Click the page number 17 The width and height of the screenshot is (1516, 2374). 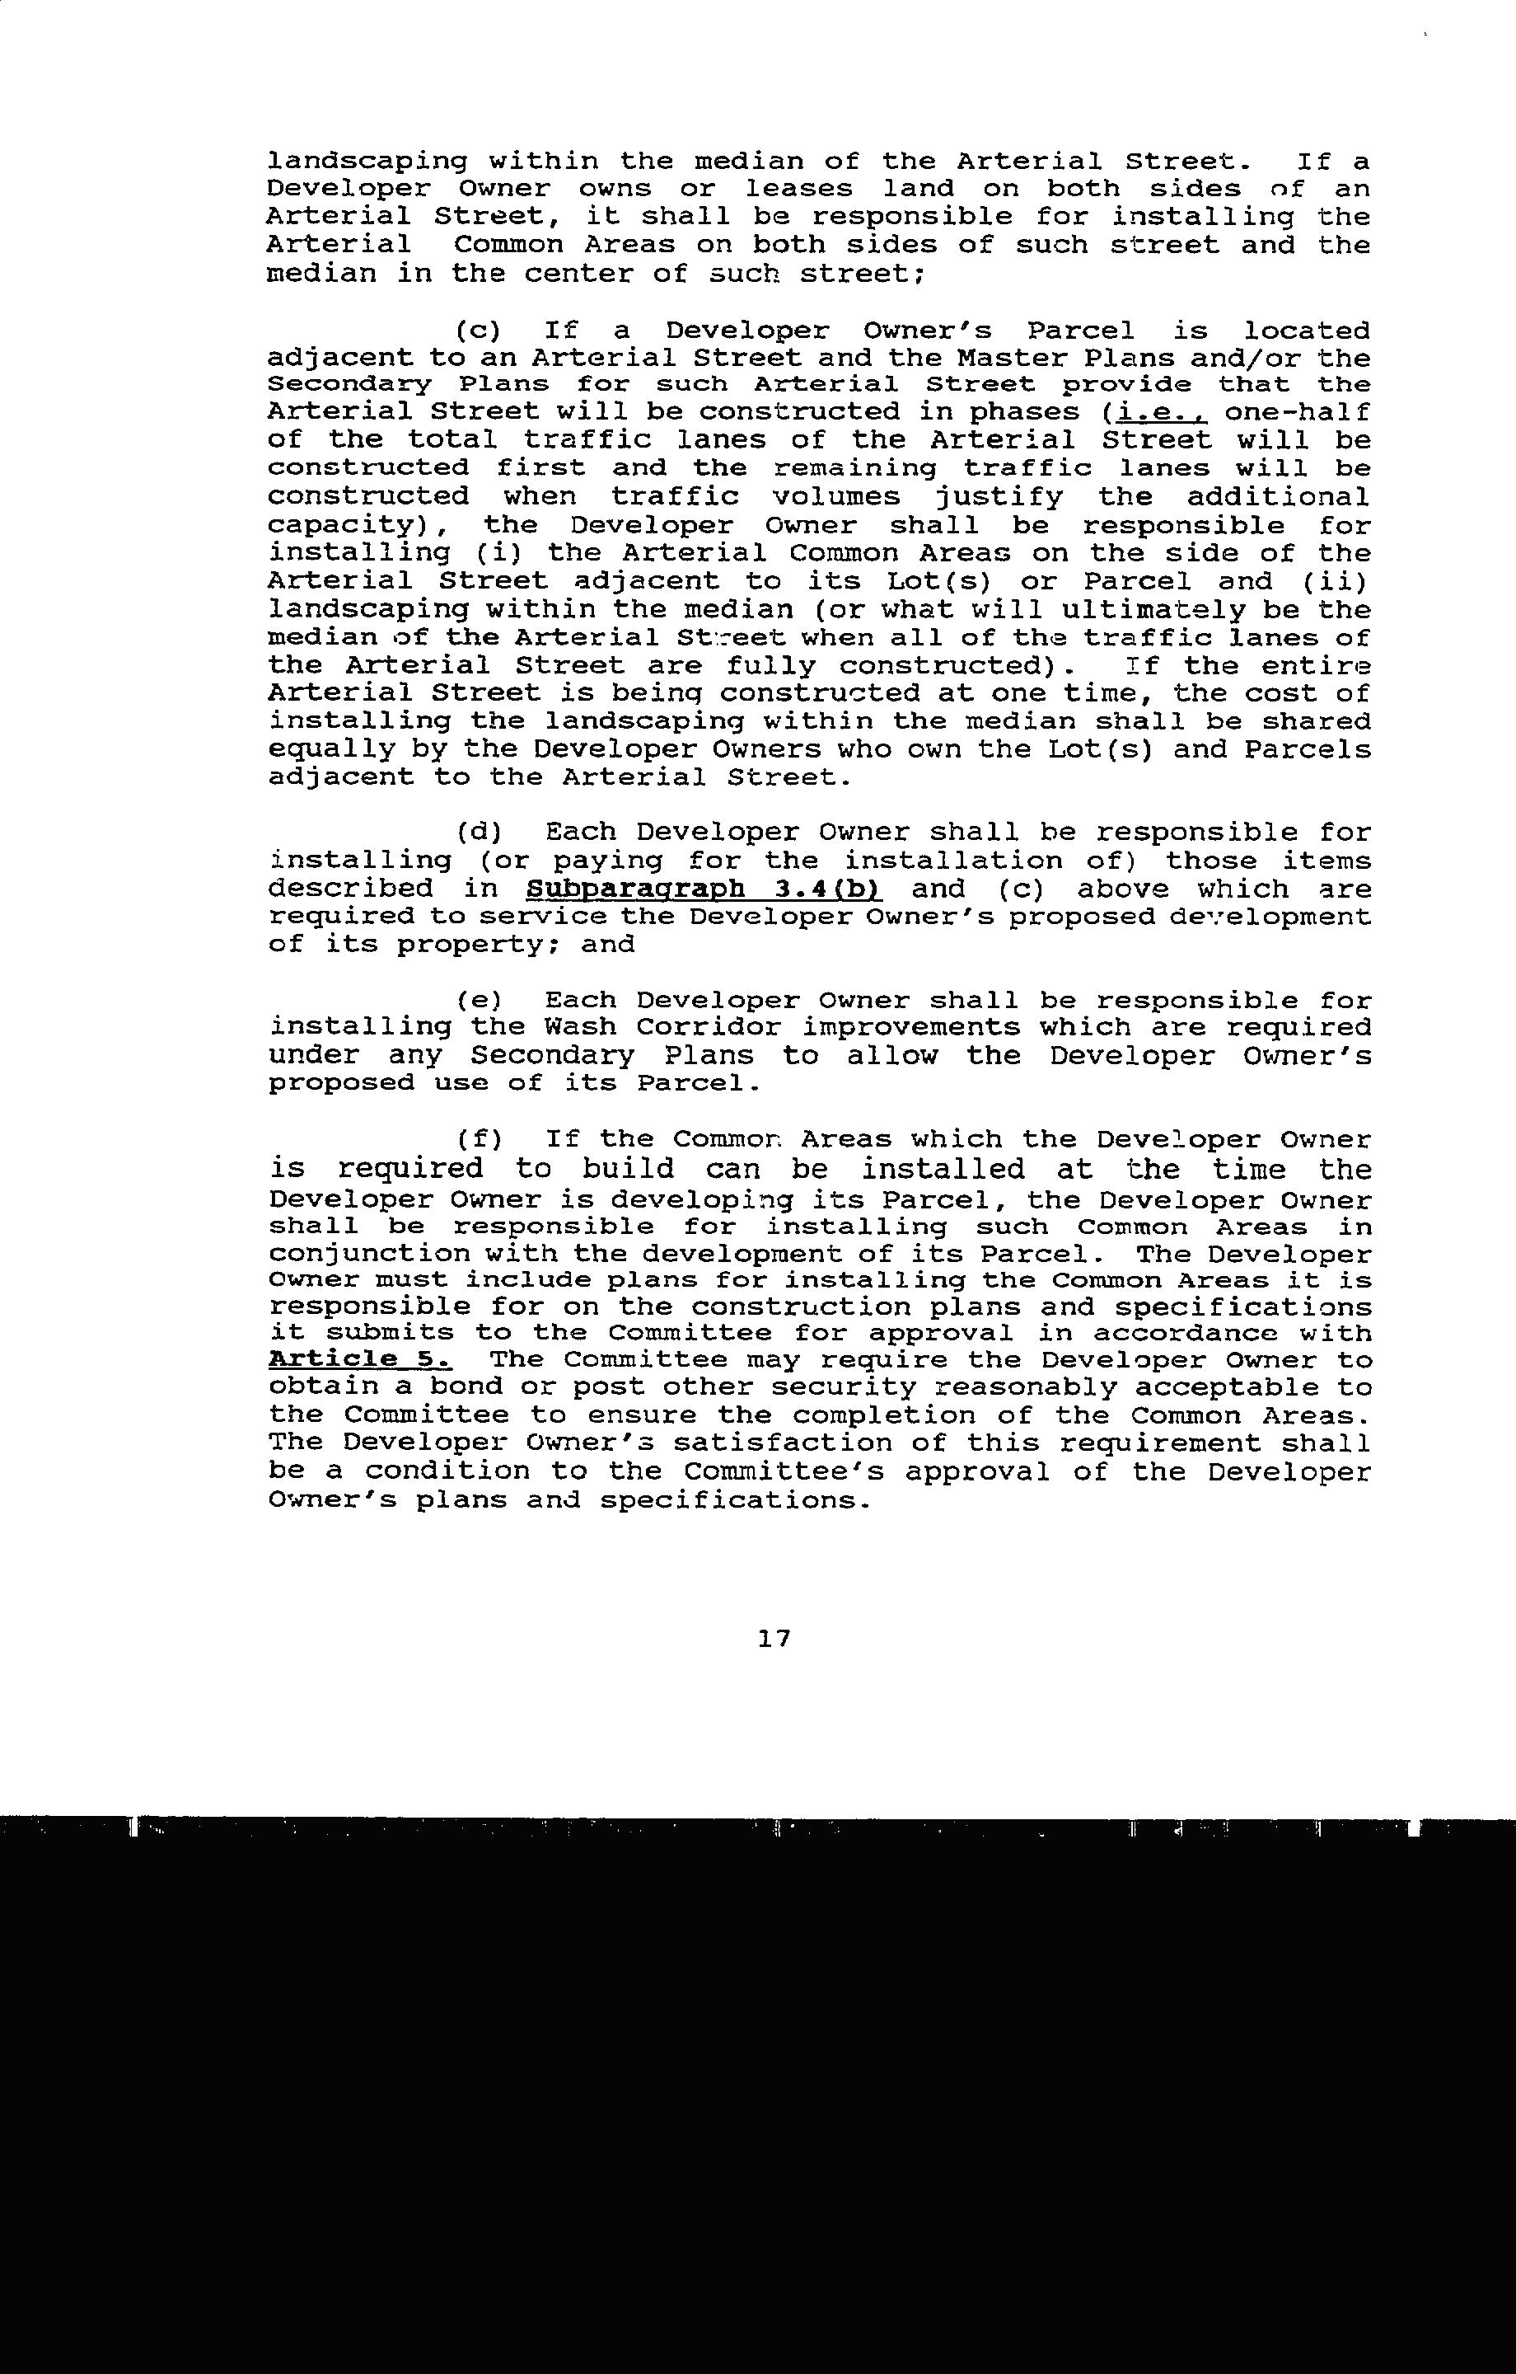coord(774,1639)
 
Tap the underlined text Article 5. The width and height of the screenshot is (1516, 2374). coord(360,1359)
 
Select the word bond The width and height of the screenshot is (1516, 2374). coord(466,1387)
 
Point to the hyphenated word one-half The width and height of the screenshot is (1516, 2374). coord(1296,411)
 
